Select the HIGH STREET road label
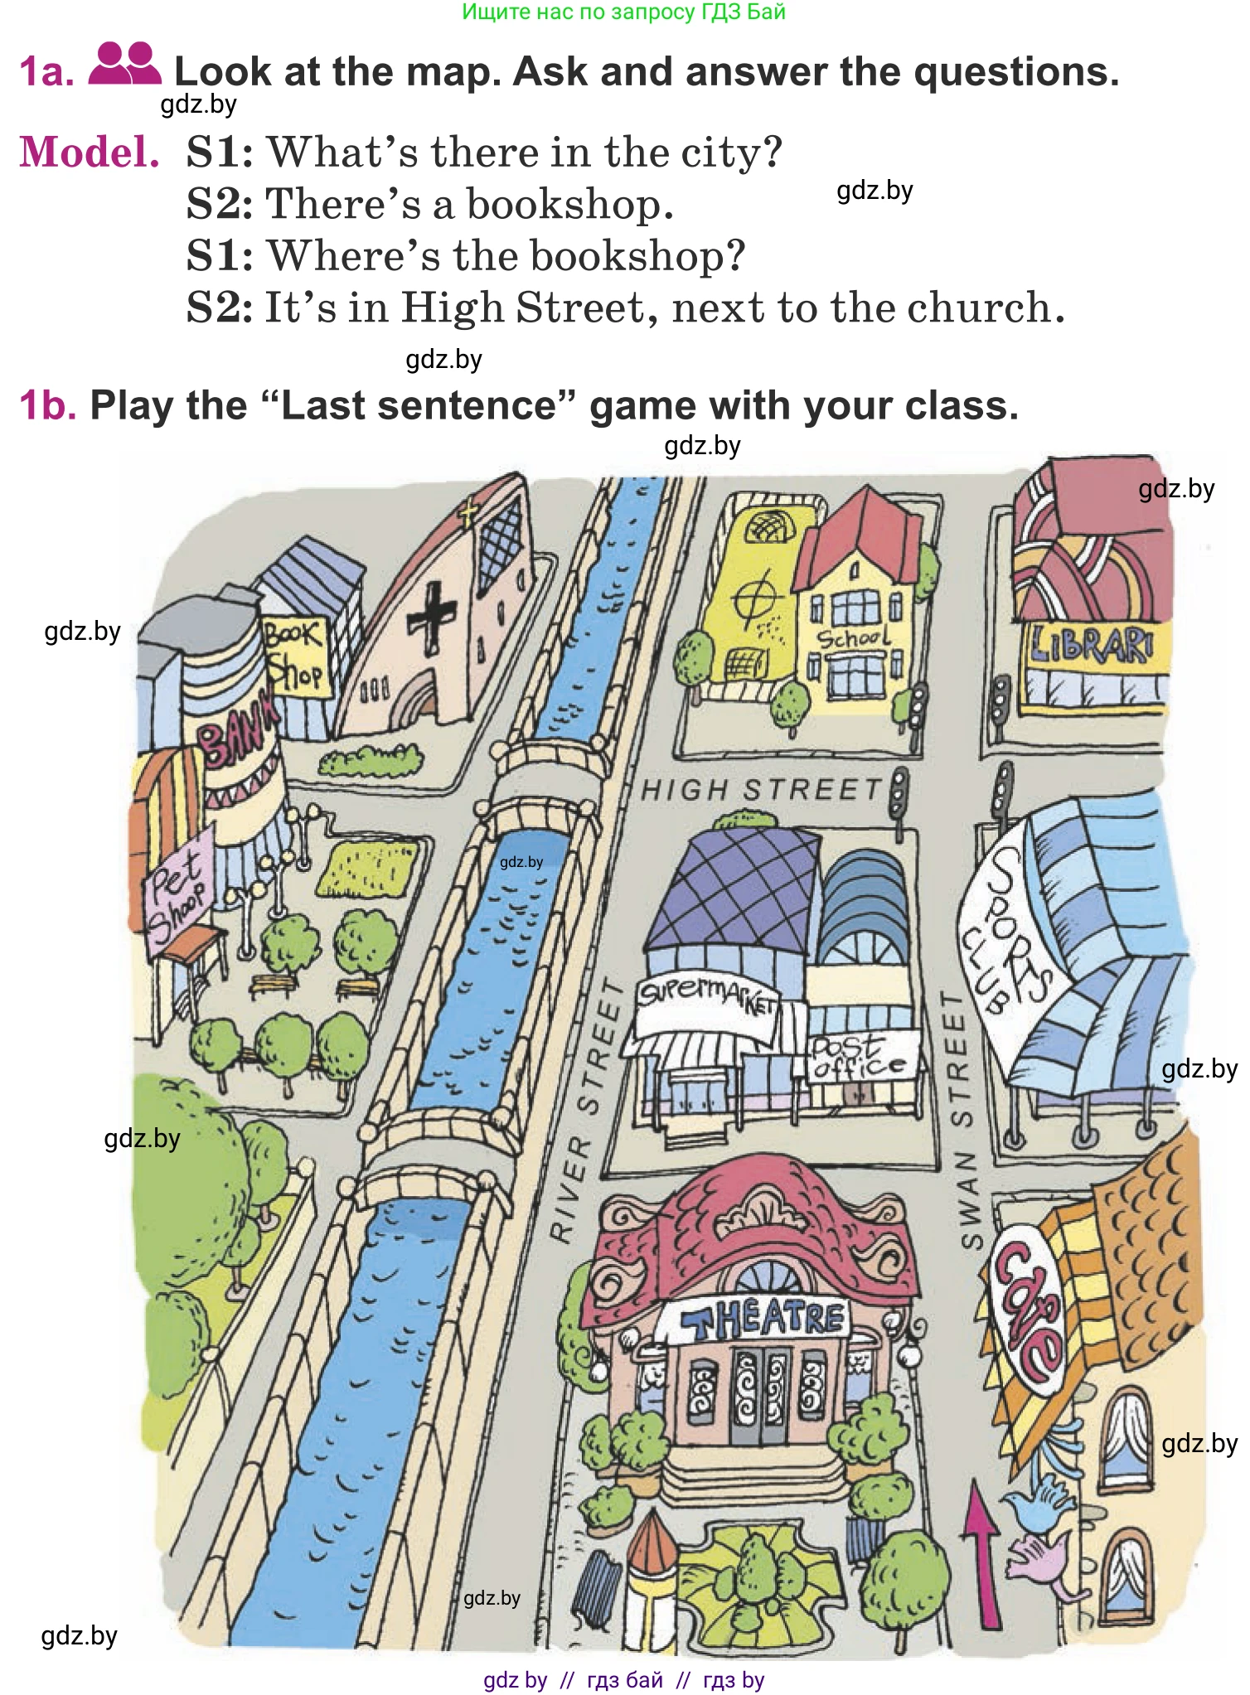coord(760,789)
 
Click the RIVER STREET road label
coord(587,1111)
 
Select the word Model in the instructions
coord(90,153)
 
